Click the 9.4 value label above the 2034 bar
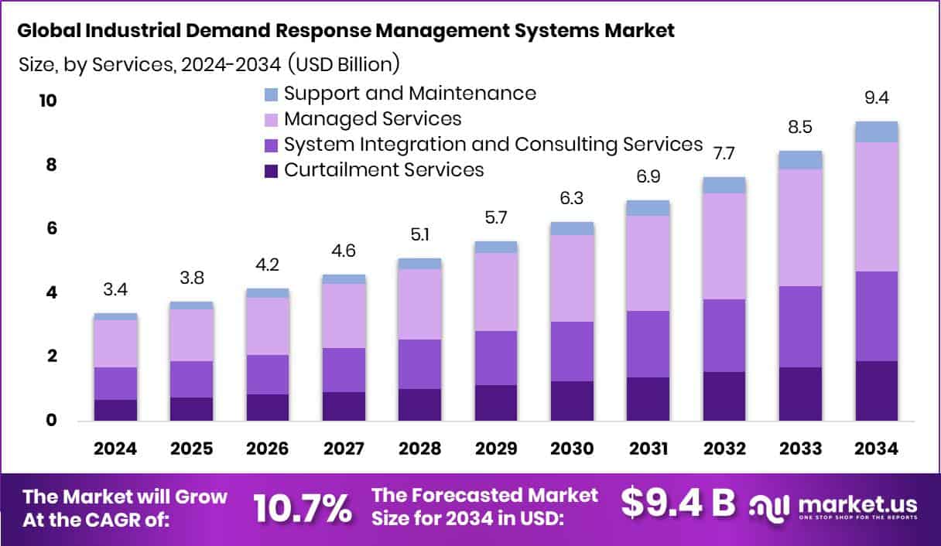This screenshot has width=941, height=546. coord(877,98)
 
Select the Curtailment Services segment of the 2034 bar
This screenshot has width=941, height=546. coord(877,391)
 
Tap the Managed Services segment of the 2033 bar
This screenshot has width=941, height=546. coord(800,227)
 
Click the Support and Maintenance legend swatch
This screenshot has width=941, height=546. coord(271,94)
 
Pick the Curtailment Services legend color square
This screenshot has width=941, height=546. coord(271,171)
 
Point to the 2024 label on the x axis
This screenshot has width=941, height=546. coord(115,449)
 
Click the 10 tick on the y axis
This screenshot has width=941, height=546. coord(48,101)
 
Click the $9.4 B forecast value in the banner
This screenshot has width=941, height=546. coord(678,503)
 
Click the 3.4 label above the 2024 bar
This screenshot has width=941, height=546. coord(115,290)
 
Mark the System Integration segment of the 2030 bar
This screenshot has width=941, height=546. coord(572,351)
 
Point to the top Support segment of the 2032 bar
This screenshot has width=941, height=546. coord(724,185)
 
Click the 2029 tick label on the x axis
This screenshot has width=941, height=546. coord(496,449)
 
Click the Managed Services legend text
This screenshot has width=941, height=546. coord(372,119)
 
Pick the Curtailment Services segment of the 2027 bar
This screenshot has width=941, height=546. coord(344,406)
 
